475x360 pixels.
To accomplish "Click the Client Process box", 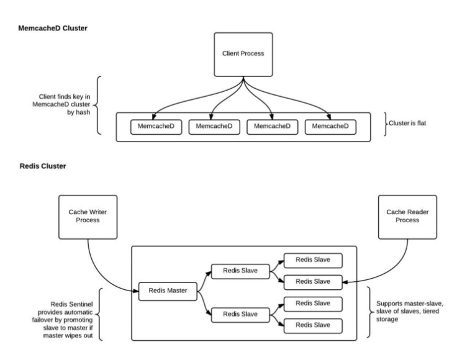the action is (243, 55).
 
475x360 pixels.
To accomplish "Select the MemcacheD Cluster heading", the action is (53, 28).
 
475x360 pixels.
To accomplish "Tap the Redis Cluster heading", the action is (43, 166).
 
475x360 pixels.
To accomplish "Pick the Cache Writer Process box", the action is (88, 217).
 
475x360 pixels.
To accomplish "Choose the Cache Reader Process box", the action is (407, 217).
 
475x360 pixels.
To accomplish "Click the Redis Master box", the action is (168, 291).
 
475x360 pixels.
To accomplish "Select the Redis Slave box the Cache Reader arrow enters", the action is (313, 282).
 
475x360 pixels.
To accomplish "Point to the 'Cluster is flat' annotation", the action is (407, 124).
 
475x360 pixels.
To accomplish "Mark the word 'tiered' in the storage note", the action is (431, 311).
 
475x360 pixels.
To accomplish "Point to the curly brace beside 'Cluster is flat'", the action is (386, 124).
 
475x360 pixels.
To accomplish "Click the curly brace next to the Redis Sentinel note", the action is (99, 314).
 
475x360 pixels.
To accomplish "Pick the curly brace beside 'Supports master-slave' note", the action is (370, 312).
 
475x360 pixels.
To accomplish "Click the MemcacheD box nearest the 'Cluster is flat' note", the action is (330, 127).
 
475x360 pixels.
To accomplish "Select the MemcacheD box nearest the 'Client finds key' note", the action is (156, 127).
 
